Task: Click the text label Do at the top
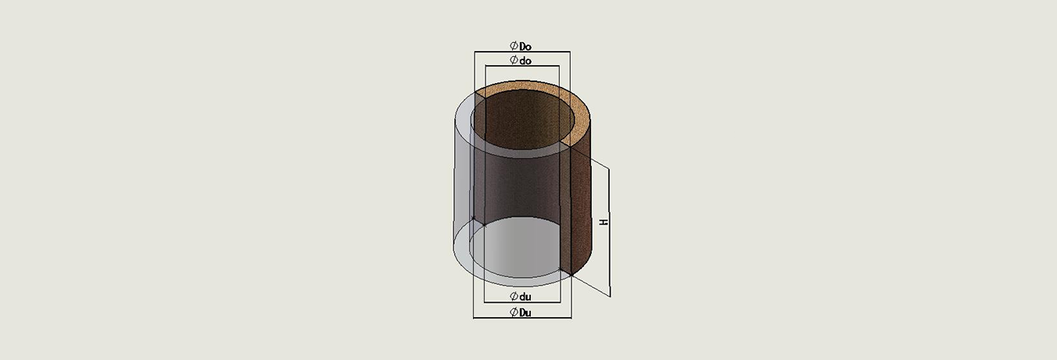525,45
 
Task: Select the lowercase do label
525,60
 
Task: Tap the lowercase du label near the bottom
525,297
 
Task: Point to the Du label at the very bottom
525,312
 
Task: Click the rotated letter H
604,221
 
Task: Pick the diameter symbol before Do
514,45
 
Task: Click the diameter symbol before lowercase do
514,60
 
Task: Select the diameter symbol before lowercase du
514,297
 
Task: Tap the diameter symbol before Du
514,312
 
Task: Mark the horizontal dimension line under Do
522,52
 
